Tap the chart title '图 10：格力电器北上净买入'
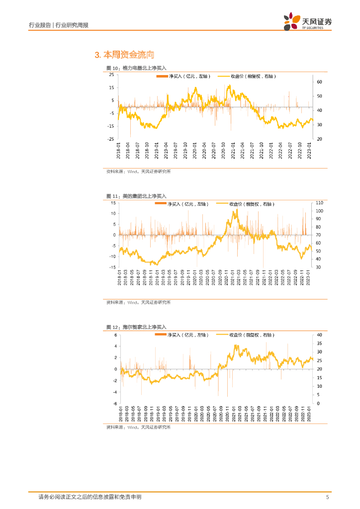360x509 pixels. (x=136, y=68)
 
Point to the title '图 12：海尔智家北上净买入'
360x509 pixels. (x=136, y=327)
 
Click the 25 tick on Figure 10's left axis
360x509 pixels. (x=111, y=75)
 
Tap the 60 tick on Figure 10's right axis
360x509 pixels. (x=320, y=82)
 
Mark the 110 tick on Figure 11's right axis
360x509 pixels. (x=319, y=203)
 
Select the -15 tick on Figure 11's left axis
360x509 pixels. (x=112, y=267)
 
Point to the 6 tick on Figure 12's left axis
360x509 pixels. (x=115, y=334)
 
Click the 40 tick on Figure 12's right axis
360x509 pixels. (x=319, y=335)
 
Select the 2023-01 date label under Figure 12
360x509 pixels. (x=309, y=412)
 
